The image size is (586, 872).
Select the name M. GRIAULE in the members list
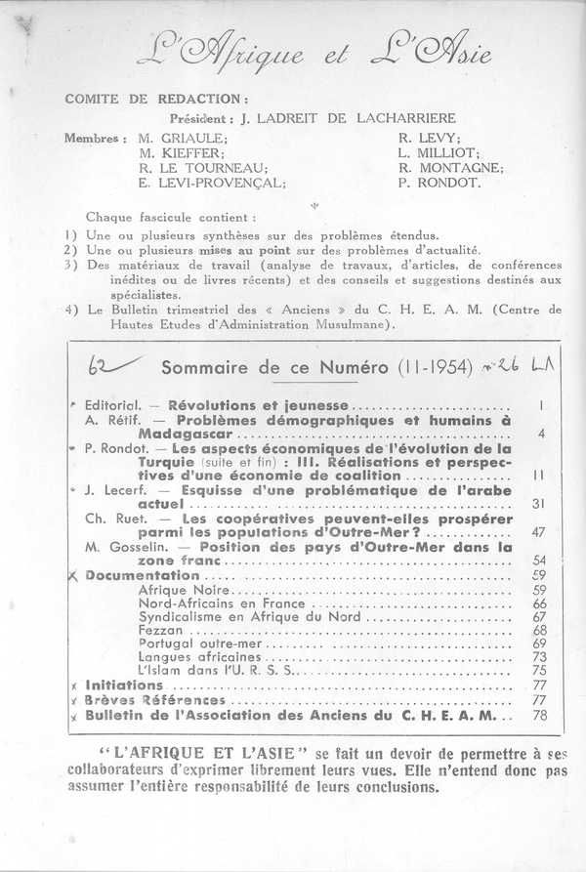tap(183, 139)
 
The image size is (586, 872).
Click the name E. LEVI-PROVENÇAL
tap(212, 183)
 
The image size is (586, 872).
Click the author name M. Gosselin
tap(122, 547)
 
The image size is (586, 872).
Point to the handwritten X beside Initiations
tap(74, 686)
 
